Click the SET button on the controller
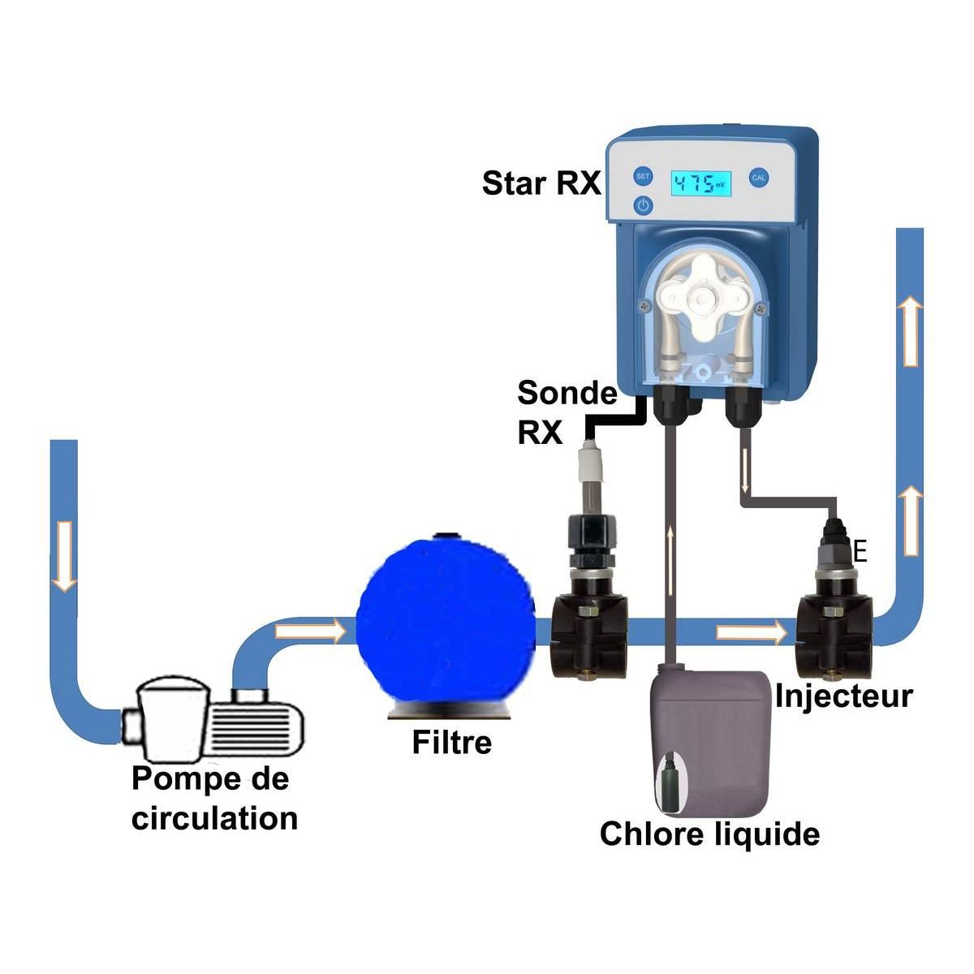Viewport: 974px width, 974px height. coord(643,176)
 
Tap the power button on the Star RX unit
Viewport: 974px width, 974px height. coord(643,205)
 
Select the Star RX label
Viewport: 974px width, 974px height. coord(541,183)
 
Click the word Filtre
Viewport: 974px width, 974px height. coord(451,743)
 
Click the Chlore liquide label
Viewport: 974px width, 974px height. coord(709,834)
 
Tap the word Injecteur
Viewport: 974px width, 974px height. coord(844,696)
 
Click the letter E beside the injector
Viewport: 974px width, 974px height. coord(861,554)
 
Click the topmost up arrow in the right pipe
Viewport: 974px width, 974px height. coord(911,330)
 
